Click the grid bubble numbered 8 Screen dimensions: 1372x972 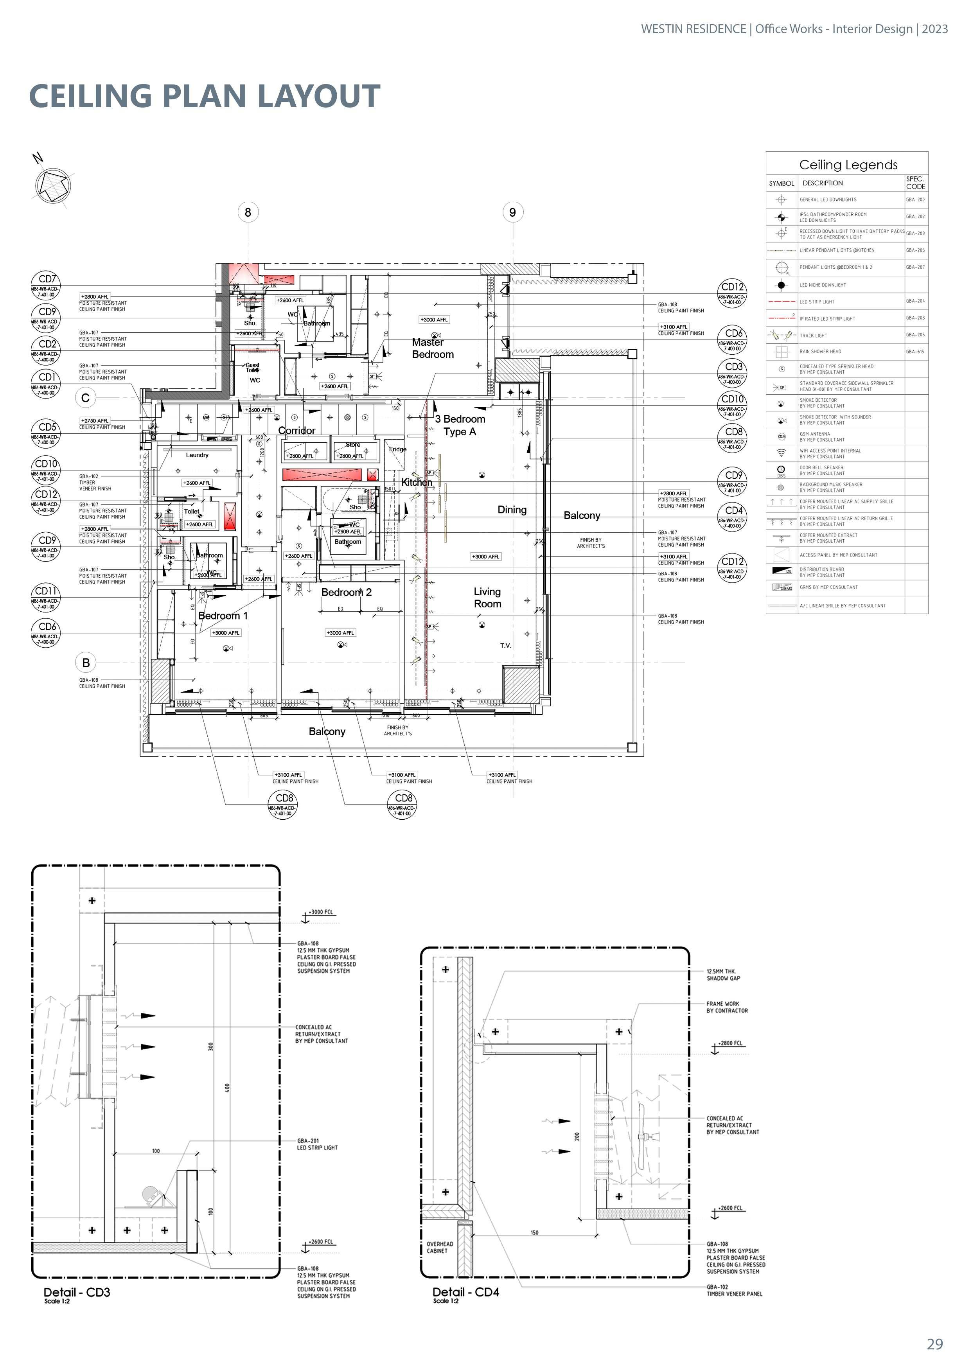pos(248,212)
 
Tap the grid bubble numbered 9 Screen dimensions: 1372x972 pos(512,212)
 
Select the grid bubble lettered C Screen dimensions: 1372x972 pos(86,398)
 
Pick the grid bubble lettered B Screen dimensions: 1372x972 pos(86,663)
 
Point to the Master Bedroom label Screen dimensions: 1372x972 pos(432,348)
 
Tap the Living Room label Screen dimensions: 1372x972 pos(487,598)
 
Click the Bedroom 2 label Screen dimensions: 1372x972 pos(347,593)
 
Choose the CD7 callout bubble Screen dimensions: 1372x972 pos(47,284)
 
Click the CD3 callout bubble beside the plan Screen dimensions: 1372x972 pos(733,372)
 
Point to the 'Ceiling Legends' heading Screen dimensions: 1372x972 pos(848,165)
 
